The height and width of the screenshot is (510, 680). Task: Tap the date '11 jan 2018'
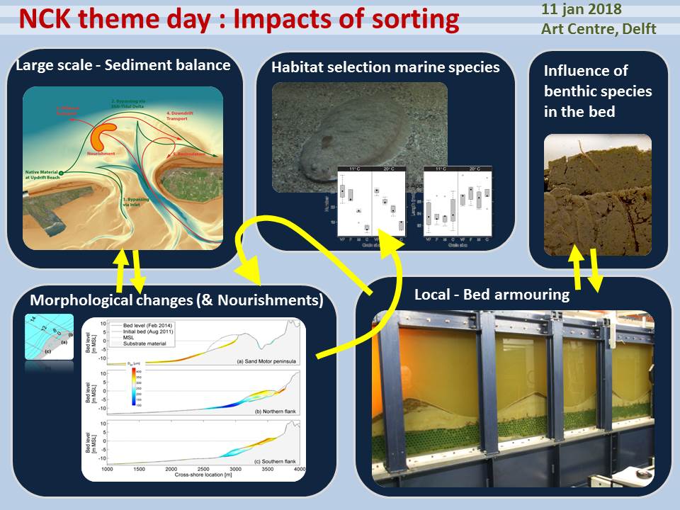coord(581,9)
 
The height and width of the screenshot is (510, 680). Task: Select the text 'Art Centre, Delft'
coord(598,29)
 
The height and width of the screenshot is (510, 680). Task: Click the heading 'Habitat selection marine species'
coord(385,68)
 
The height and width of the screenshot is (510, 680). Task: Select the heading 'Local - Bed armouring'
coord(492,294)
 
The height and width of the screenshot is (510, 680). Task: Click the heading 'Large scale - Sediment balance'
coord(119,66)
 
